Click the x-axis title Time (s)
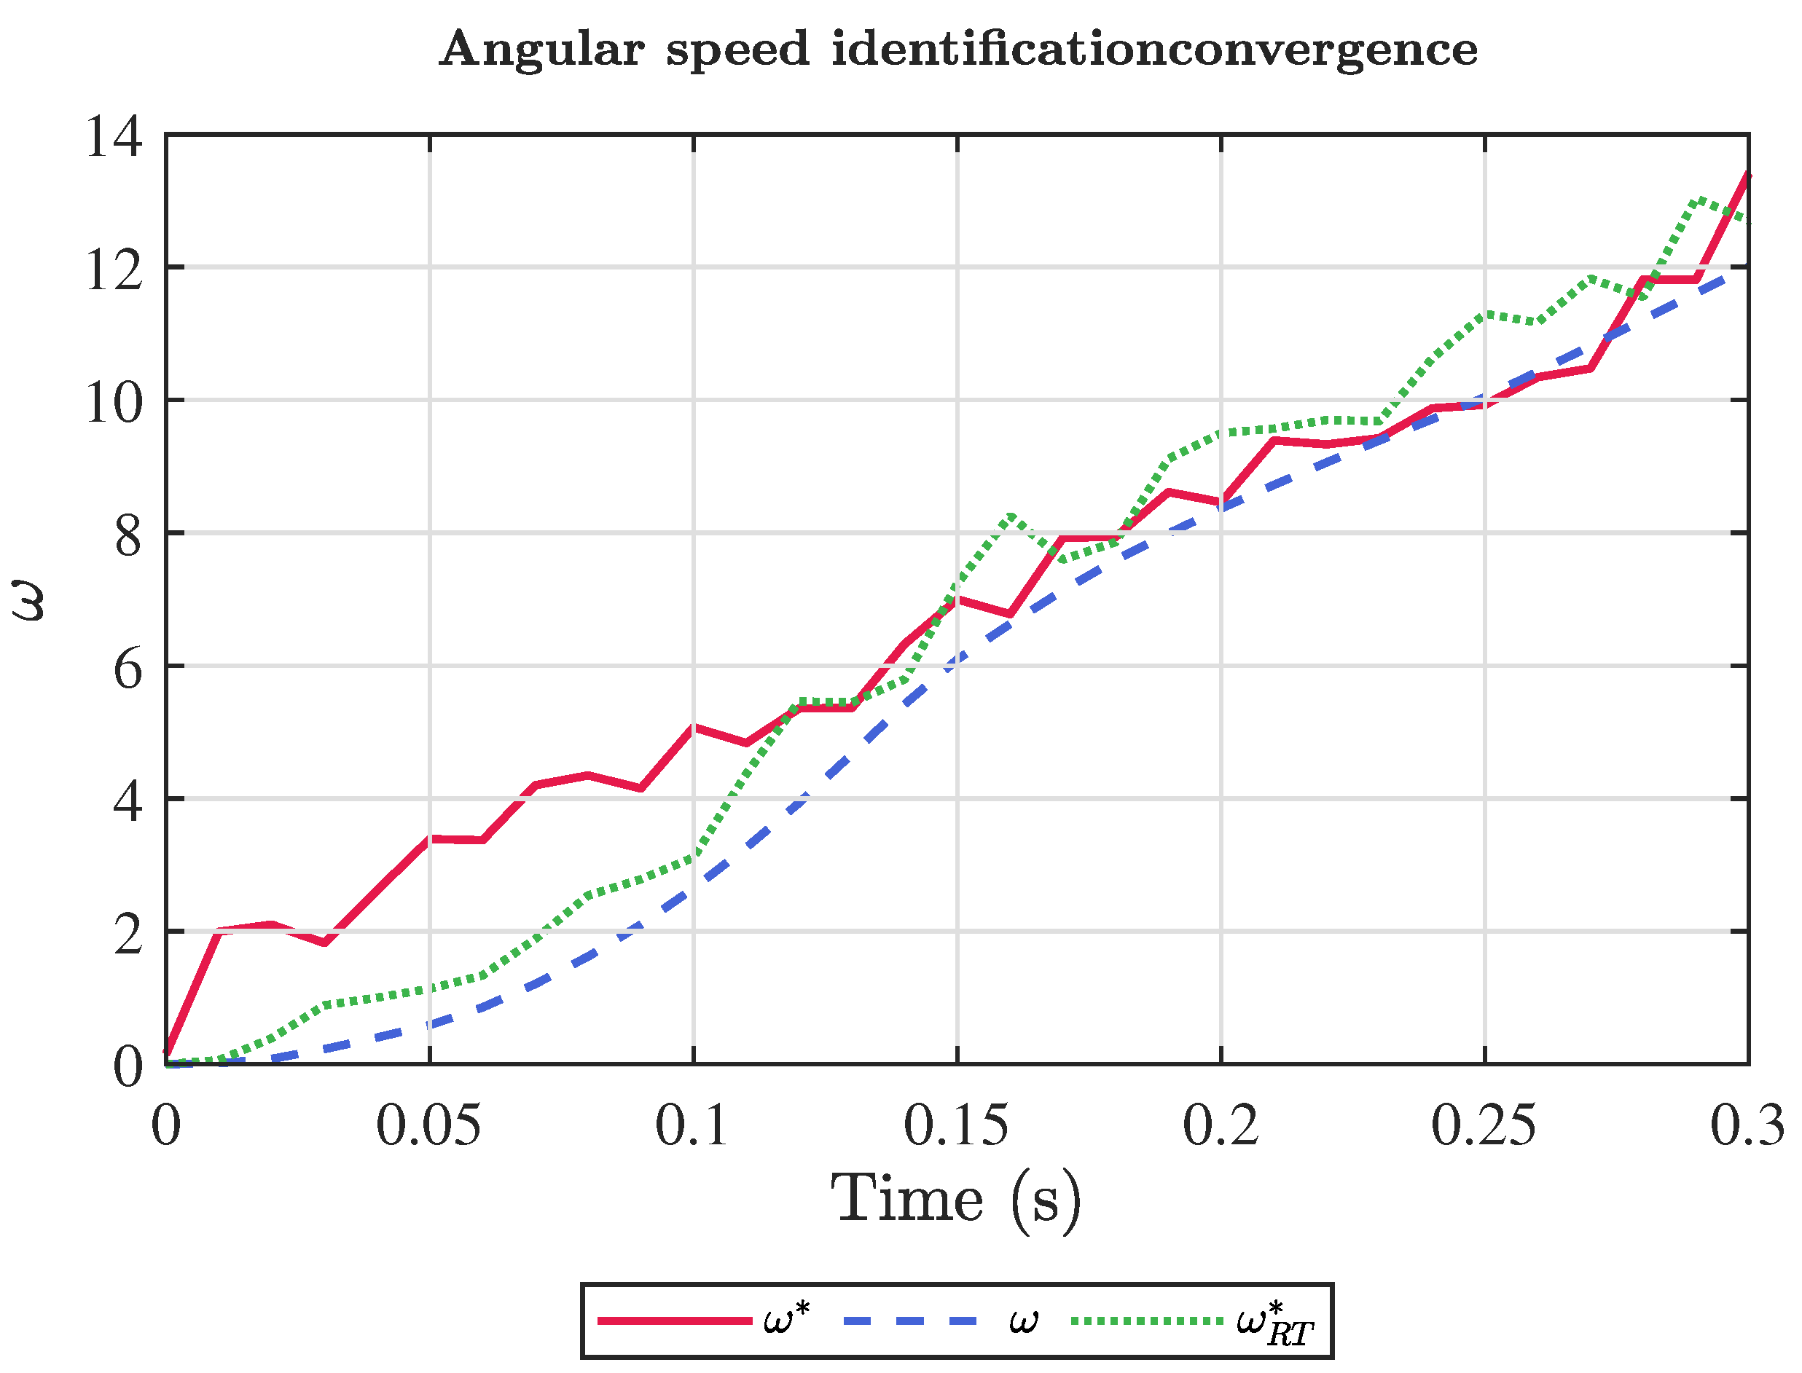(x=956, y=1200)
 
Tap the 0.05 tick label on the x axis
(x=429, y=1126)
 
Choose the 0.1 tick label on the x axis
(x=692, y=1126)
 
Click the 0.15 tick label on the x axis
(x=957, y=1126)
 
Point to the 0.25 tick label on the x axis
(x=1484, y=1126)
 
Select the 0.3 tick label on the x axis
(x=1748, y=1126)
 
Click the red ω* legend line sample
(x=675, y=1321)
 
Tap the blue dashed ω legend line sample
(x=909, y=1321)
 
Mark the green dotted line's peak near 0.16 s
(x=1011, y=516)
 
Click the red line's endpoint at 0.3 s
(x=1748, y=175)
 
